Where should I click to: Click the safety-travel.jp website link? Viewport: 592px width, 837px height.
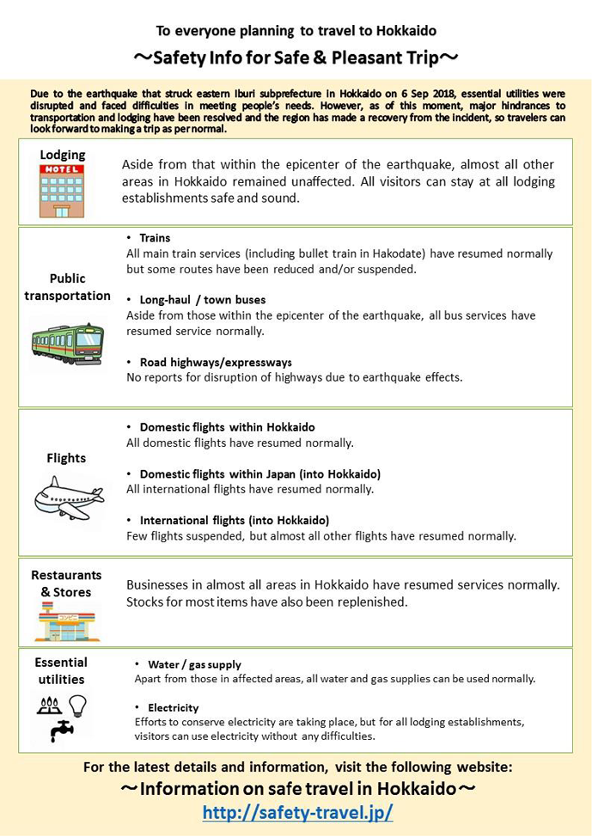tap(297, 812)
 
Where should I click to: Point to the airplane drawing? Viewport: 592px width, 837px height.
tap(69, 497)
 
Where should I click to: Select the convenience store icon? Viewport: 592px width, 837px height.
tap(66, 623)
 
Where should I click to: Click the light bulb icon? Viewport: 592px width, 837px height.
tap(78, 705)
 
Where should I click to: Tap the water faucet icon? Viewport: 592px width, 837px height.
tap(62, 730)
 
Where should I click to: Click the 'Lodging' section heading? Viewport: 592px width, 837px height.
tap(63, 155)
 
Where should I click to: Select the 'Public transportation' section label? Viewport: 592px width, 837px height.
tap(67, 287)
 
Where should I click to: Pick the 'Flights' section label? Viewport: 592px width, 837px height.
tap(66, 458)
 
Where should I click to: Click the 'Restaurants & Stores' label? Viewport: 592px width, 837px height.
tap(66, 583)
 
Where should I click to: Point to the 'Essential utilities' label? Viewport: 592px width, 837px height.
tap(61, 670)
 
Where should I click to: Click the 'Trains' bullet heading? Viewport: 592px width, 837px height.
tap(155, 238)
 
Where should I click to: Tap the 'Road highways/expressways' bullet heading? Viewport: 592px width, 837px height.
tap(216, 362)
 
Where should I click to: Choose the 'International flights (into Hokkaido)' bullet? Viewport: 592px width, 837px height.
tap(235, 520)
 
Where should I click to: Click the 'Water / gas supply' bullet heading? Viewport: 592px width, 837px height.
tap(194, 664)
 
